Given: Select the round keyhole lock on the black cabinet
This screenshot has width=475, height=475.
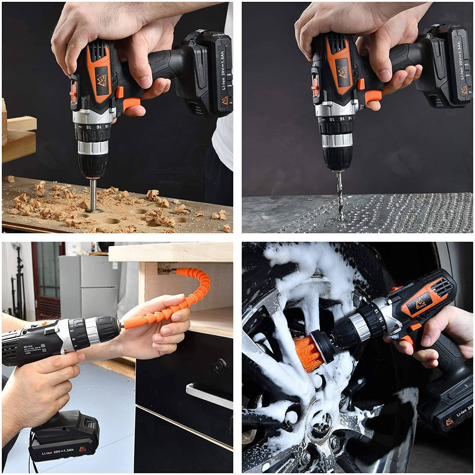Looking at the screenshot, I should pos(219,365).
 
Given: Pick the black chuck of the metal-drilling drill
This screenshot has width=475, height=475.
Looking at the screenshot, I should pos(337,158).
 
